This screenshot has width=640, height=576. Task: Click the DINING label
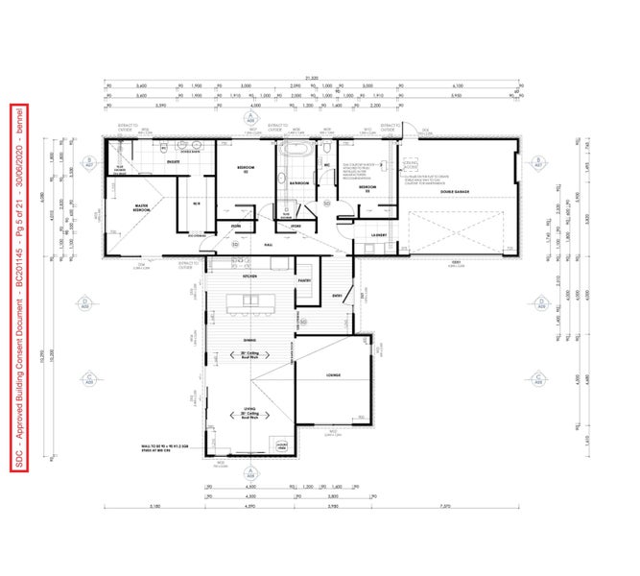click(x=249, y=340)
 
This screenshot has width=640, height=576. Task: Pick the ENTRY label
click(x=338, y=296)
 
